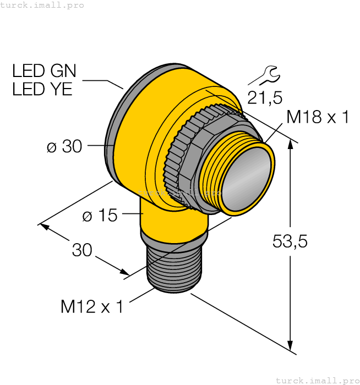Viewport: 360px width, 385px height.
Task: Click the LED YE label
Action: tap(42, 89)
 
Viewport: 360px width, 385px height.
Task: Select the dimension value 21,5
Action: tap(264, 98)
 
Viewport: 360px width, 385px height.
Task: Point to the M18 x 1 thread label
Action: tap(318, 117)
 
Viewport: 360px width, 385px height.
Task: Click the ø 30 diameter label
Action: tap(64, 146)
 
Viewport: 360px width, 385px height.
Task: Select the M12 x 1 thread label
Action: tap(92, 307)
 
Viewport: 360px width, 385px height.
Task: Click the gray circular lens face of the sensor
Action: tap(247, 178)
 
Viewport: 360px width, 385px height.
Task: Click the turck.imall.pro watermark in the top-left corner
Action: tap(42, 5)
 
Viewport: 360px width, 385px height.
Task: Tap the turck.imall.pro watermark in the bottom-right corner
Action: tap(317, 380)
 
